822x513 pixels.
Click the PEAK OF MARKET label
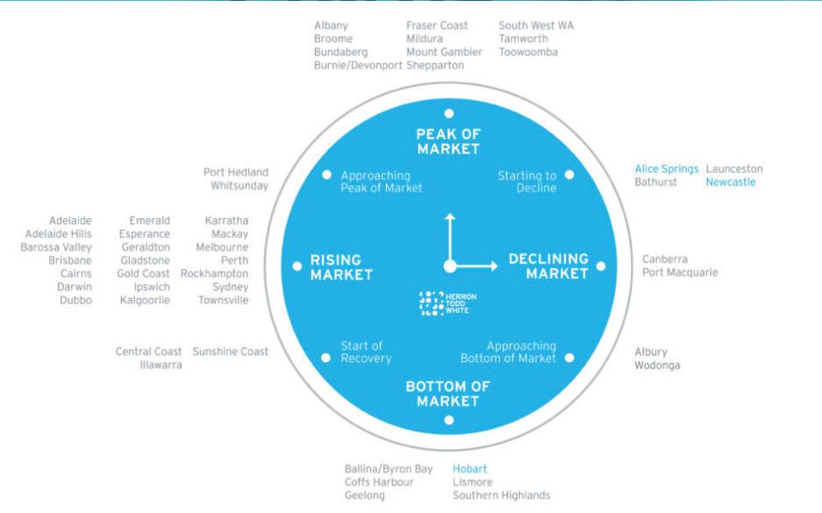pyautogui.click(x=448, y=141)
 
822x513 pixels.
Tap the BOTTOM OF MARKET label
pyautogui.click(x=448, y=394)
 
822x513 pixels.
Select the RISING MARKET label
pyautogui.click(x=341, y=267)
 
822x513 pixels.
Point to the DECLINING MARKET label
pyautogui.click(x=548, y=266)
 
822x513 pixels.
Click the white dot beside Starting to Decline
pyautogui.click(x=569, y=175)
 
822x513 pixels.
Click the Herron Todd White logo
pyautogui.click(x=448, y=303)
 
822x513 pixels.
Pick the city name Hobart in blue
pyautogui.click(x=469, y=469)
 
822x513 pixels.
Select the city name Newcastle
pyautogui.click(x=730, y=182)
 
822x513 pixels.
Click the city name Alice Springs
pyautogui.click(x=667, y=169)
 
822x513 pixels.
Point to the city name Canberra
pyautogui.click(x=665, y=260)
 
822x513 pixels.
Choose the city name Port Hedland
pyautogui.click(x=236, y=173)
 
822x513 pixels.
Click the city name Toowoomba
pyautogui.click(x=528, y=52)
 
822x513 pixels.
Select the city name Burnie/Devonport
pyautogui.click(x=358, y=65)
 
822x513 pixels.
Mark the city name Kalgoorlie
pyautogui.click(x=145, y=300)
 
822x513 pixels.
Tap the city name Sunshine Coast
pyautogui.click(x=231, y=352)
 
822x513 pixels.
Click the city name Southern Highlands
pyautogui.click(x=501, y=495)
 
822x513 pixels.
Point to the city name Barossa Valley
pyautogui.click(x=56, y=247)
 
